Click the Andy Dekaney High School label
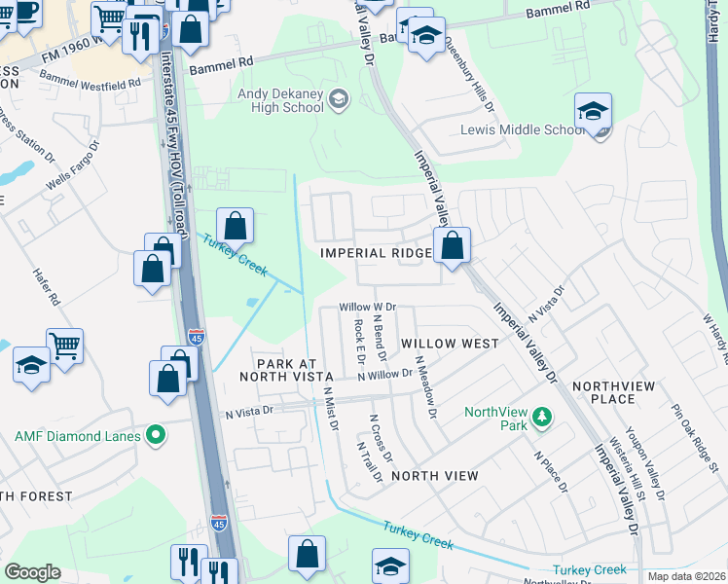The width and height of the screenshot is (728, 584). click(x=280, y=100)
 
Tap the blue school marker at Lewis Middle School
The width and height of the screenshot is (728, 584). click(x=593, y=113)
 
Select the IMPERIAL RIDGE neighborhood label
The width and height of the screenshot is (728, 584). click(x=376, y=253)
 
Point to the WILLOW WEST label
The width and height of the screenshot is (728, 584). click(x=450, y=344)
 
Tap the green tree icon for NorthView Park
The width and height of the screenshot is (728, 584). click(x=543, y=419)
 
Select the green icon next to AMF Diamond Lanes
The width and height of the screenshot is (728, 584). click(x=153, y=435)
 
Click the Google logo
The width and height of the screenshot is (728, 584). click(x=32, y=572)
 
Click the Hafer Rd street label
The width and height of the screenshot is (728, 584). click(x=47, y=287)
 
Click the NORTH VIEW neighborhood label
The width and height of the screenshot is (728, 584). click(x=434, y=475)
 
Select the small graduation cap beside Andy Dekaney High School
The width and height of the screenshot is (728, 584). click(x=338, y=100)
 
